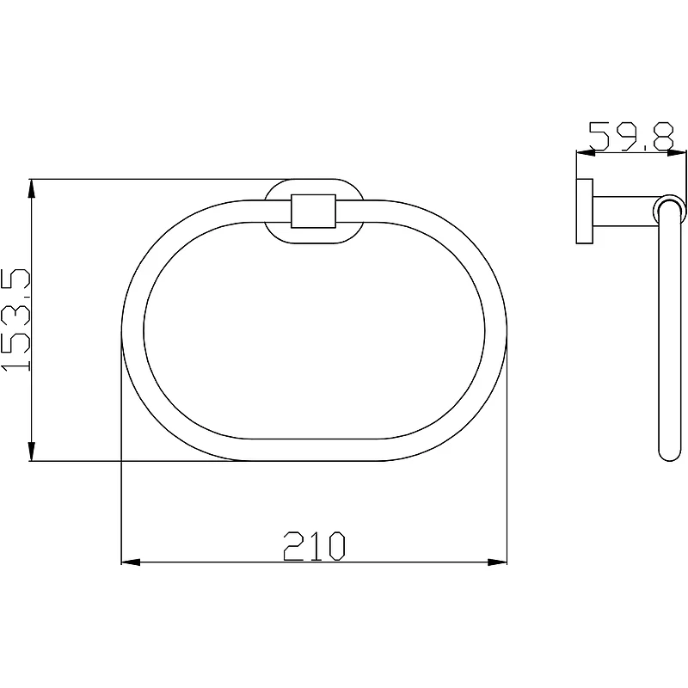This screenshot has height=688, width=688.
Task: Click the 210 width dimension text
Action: [x=314, y=546]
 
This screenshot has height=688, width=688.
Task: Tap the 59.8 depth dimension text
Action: [x=631, y=136]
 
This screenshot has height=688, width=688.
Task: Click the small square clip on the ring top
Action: [x=313, y=211]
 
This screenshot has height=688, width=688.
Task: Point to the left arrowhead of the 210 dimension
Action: [x=131, y=562]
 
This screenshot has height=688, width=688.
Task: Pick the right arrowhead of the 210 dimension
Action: [x=498, y=562]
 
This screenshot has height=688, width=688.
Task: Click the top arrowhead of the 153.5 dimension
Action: [x=31, y=188]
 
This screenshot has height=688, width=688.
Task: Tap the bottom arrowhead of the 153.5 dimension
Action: [x=31, y=451]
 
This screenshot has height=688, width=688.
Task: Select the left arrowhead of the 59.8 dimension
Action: [x=586, y=153]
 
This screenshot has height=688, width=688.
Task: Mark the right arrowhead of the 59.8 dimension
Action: [x=676, y=153]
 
